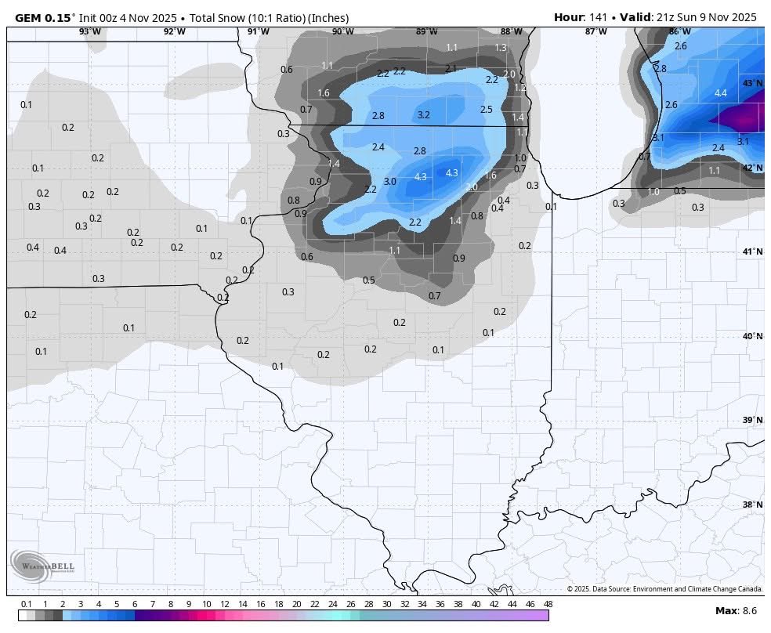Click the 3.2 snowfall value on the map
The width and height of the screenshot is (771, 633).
click(423, 115)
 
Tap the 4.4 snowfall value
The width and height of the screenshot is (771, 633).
click(720, 93)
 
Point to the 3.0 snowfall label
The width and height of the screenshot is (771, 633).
click(389, 182)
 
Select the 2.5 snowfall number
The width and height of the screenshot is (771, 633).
click(486, 110)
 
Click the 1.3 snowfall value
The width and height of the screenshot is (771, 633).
click(501, 48)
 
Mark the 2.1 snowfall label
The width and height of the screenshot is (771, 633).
click(451, 69)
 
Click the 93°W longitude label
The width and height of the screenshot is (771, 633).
click(89, 31)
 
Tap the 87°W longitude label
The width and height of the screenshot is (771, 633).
click(595, 31)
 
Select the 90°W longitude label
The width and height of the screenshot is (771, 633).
click(342, 31)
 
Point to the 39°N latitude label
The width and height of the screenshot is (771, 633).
click(751, 421)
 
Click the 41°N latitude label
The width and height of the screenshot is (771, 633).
click(751, 251)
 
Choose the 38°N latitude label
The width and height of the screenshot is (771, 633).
click(751, 505)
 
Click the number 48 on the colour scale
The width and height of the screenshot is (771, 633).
click(548, 604)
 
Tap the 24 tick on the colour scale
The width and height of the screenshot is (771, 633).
click(332, 604)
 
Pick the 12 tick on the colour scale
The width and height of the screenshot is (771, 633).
click(224, 604)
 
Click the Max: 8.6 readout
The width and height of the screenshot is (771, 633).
click(735, 610)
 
